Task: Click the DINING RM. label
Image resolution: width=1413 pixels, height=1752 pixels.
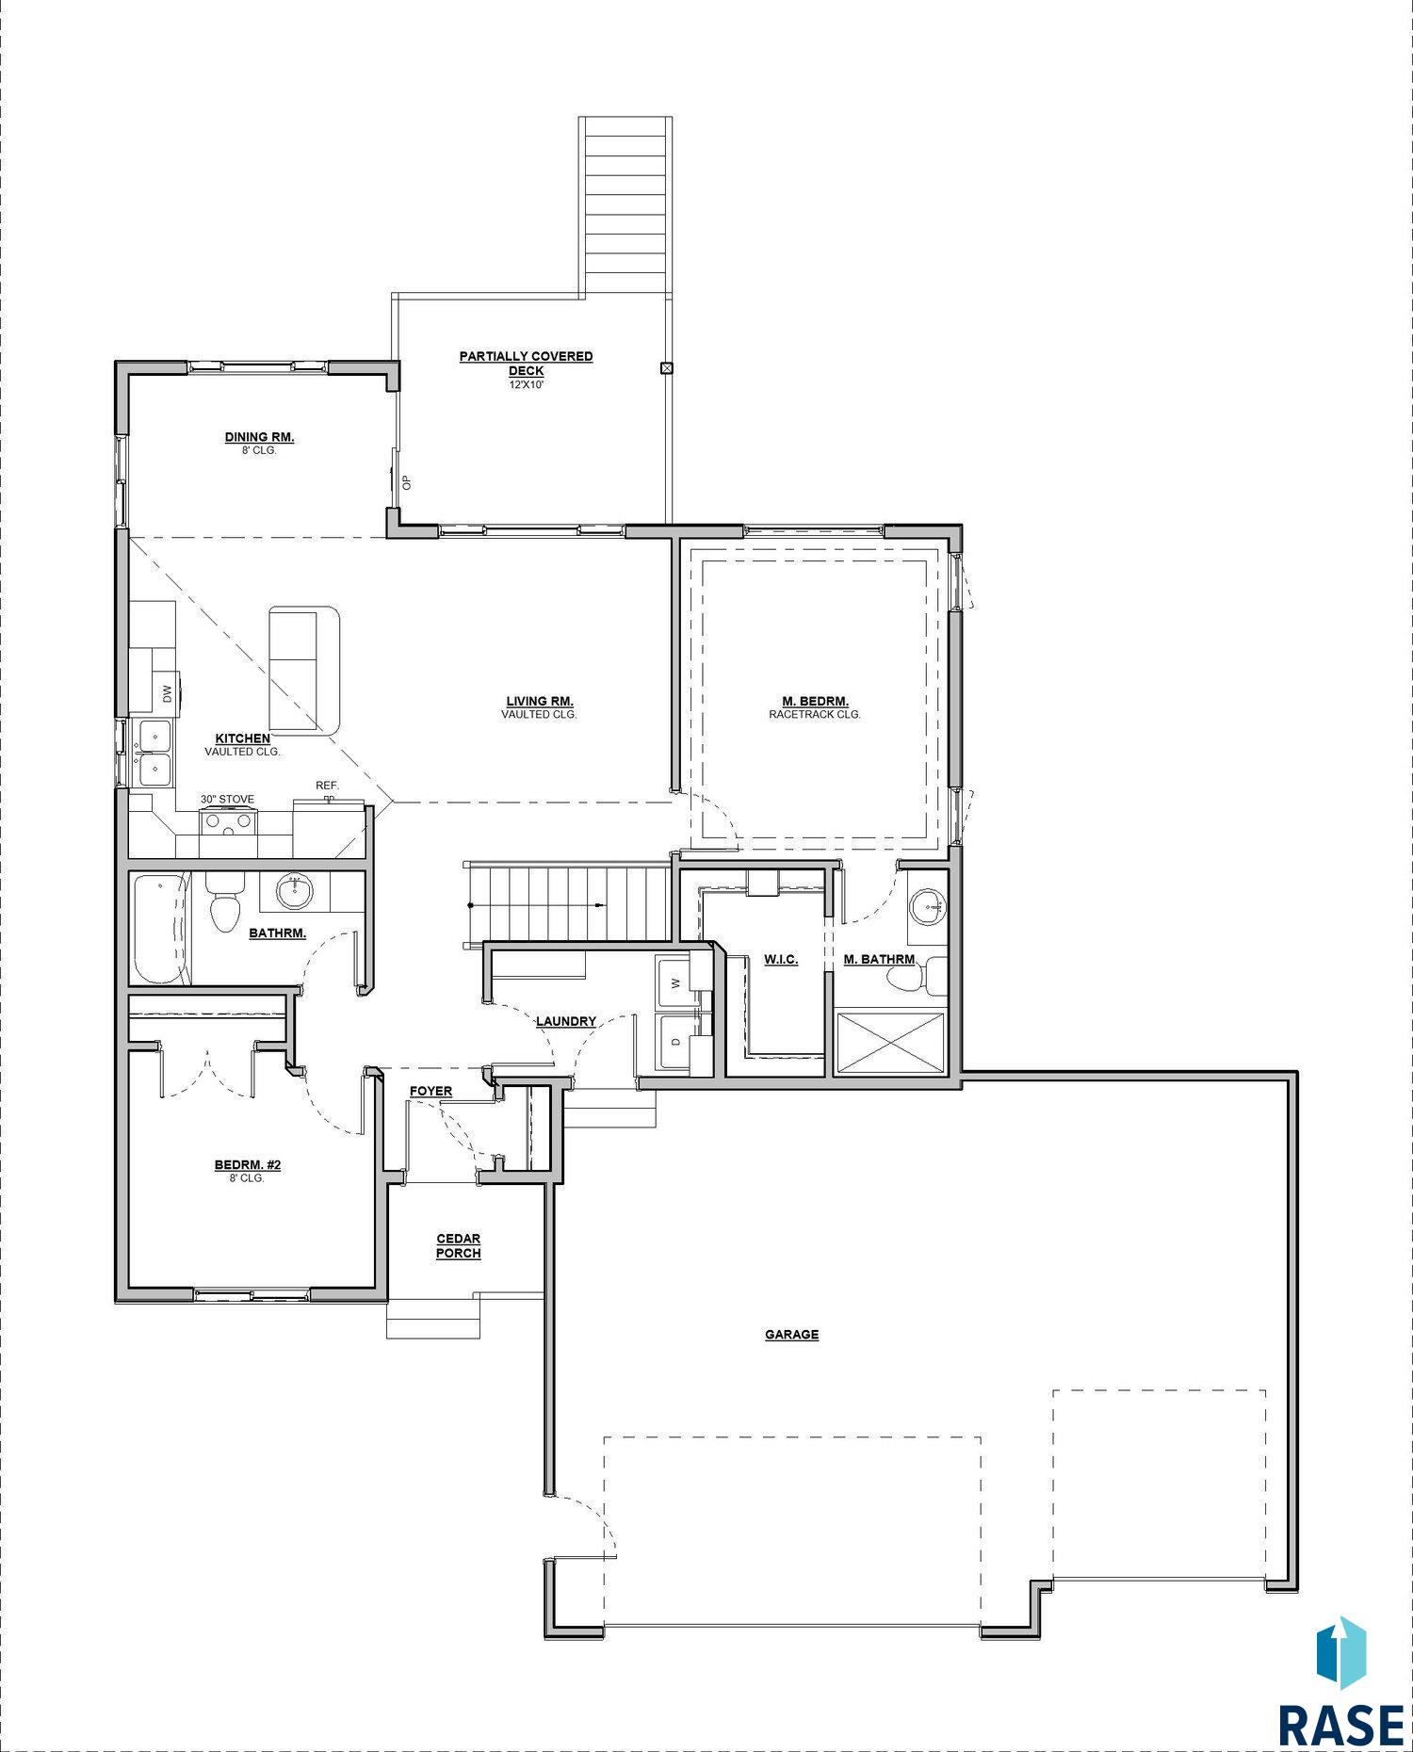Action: click(x=259, y=437)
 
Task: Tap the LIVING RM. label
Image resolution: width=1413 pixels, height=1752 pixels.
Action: click(x=540, y=701)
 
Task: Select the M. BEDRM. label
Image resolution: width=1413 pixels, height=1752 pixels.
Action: click(x=815, y=701)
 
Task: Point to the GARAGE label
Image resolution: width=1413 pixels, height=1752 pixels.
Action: click(x=791, y=1334)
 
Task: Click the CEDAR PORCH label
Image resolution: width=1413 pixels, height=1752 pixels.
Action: click(x=459, y=1246)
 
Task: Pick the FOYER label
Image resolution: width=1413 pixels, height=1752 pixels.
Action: click(x=430, y=1091)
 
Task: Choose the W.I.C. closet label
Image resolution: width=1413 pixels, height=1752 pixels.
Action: click(x=781, y=959)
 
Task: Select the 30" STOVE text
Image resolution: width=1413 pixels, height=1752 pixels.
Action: click(x=227, y=799)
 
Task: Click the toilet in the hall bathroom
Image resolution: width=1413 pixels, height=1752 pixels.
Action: click(x=224, y=901)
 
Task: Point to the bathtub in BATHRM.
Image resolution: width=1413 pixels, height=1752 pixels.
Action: click(x=161, y=929)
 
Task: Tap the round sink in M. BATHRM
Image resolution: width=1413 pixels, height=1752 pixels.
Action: click(x=928, y=906)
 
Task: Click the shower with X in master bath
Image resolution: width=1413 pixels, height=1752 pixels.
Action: click(x=890, y=1042)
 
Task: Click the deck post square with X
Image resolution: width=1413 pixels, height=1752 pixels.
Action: click(x=667, y=368)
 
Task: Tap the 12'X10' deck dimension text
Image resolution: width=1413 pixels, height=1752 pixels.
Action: click(x=526, y=384)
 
